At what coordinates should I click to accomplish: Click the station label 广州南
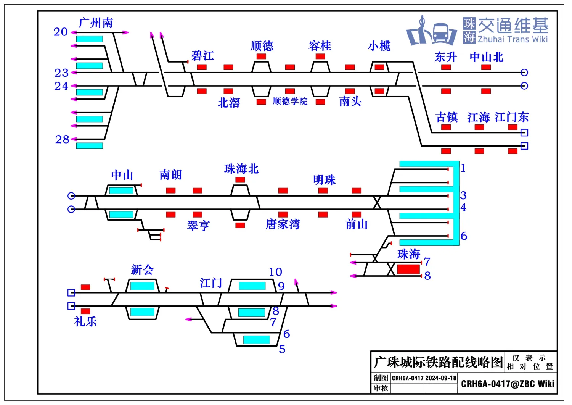[96, 23]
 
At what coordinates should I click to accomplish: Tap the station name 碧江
[202, 56]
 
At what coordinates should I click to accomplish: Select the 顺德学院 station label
[290, 101]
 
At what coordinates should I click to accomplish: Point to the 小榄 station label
[379, 46]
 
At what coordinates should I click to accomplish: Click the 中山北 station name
[486, 57]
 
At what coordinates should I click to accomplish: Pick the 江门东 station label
[511, 117]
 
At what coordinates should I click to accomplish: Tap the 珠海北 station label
[241, 169]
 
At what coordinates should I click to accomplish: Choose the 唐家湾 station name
[283, 224]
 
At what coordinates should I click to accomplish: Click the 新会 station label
[142, 270]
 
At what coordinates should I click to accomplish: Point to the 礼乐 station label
[85, 321]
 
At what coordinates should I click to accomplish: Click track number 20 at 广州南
[61, 32]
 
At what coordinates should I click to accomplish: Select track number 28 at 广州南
[62, 139]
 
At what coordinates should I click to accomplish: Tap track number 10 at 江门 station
[275, 272]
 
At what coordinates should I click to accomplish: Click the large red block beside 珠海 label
[408, 269]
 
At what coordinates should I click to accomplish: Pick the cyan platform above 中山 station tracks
[121, 190]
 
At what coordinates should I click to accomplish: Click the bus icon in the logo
[440, 33]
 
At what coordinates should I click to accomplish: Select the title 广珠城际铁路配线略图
[438, 362]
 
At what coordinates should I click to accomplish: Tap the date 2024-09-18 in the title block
[441, 378]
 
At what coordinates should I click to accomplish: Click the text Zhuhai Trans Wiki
[513, 39]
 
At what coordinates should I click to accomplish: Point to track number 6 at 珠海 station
[464, 236]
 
